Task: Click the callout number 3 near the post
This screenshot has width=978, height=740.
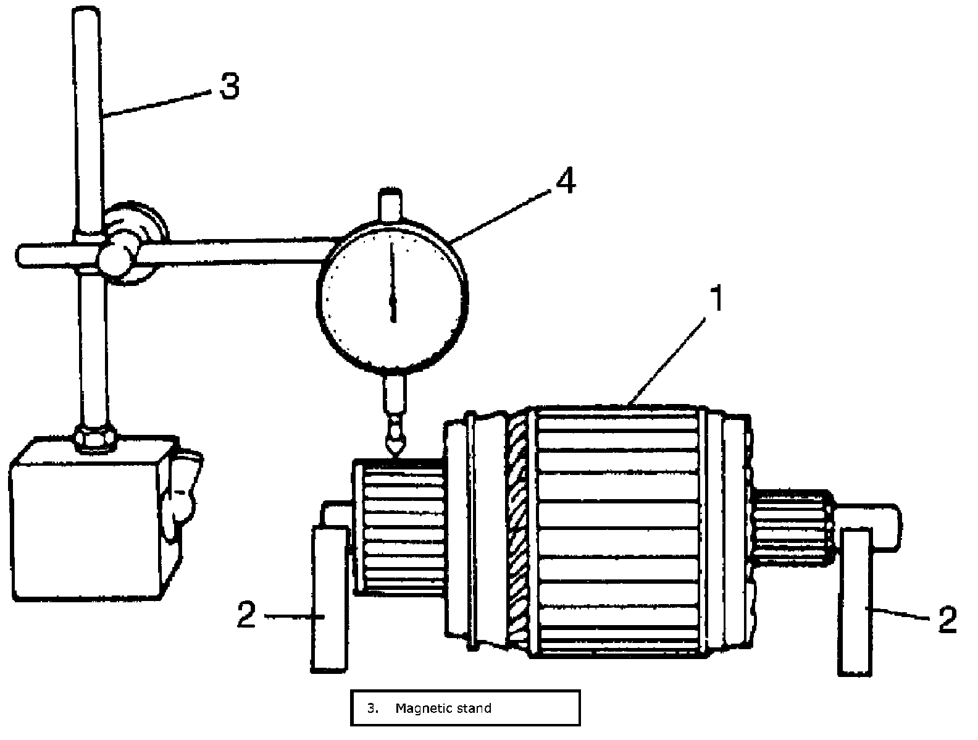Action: (229, 86)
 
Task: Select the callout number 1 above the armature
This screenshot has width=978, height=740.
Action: (716, 299)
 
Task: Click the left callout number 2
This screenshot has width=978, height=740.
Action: (246, 615)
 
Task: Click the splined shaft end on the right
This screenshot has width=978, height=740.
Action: (793, 525)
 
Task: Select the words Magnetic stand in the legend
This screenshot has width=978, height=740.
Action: (443, 708)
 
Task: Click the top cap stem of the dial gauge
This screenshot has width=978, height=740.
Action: (390, 204)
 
